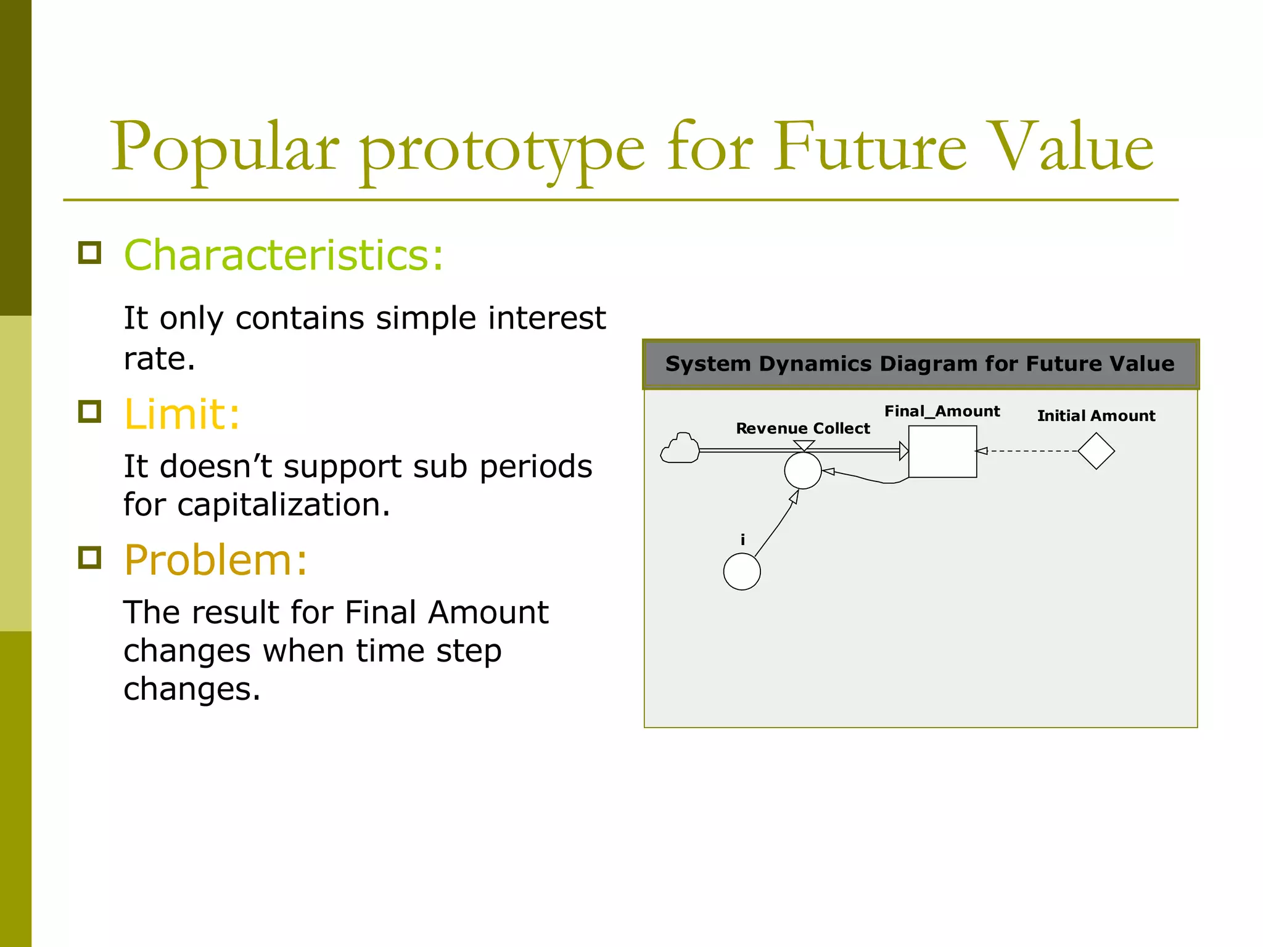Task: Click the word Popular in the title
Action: click(224, 148)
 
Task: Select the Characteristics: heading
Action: click(284, 255)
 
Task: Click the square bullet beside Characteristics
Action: click(90, 253)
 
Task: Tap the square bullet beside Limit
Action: click(90, 412)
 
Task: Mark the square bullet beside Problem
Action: click(90, 557)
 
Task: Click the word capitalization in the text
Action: click(284, 506)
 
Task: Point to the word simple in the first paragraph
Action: click(426, 318)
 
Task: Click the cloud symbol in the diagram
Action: click(680, 449)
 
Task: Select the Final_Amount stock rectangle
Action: click(942, 451)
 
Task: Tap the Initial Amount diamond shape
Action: click(1096, 451)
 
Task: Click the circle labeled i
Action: click(742, 572)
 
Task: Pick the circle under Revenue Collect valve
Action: click(802, 471)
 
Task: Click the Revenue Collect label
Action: click(802, 428)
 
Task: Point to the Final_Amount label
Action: click(942, 411)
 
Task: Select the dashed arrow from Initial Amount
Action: click(1030, 451)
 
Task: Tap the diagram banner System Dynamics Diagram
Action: click(920, 364)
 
